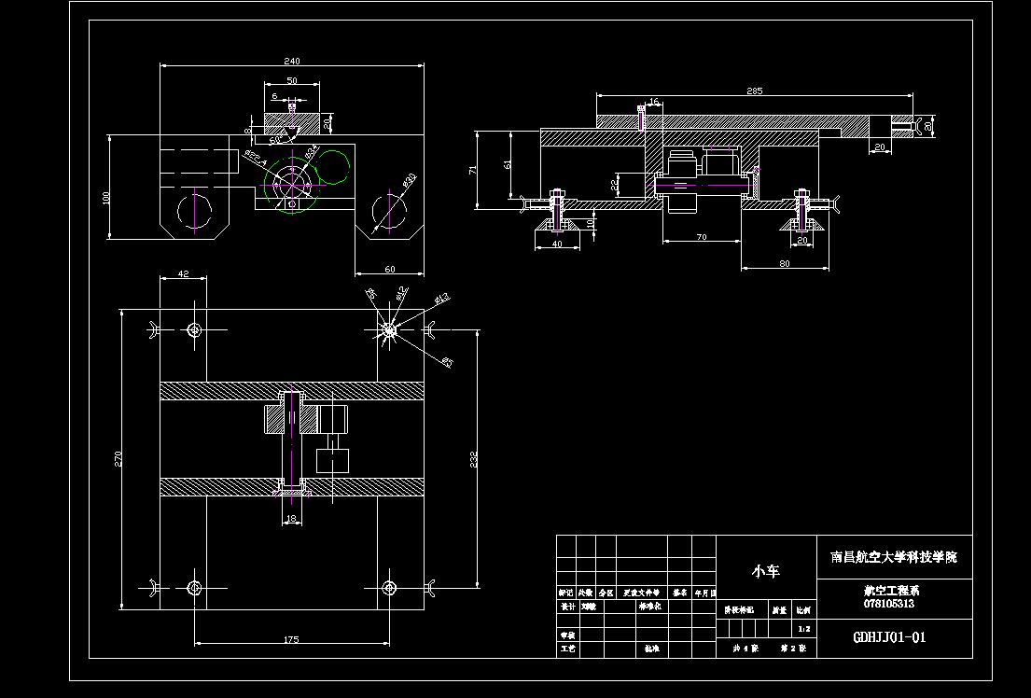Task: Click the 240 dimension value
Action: pos(292,62)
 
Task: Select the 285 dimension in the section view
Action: pos(755,91)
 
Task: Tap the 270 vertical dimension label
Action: pos(118,457)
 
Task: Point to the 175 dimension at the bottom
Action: pos(290,639)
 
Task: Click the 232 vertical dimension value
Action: pos(474,460)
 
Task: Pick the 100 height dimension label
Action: pos(106,197)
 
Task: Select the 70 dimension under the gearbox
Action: pos(702,237)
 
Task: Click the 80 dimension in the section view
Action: pos(785,263)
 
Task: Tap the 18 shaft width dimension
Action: pos(291,519)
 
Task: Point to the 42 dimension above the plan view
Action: pos(183,273)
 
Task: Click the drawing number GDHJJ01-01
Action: pos(890,638)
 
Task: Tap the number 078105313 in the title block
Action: pos(889,604)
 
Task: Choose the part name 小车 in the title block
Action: pos(766,571)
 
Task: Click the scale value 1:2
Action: pos(804,629)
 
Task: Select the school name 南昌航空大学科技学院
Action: pos(894,557)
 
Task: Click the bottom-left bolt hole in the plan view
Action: pos(194,587)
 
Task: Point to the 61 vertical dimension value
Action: pos(508,164)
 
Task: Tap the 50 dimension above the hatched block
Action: pos(292,81)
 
